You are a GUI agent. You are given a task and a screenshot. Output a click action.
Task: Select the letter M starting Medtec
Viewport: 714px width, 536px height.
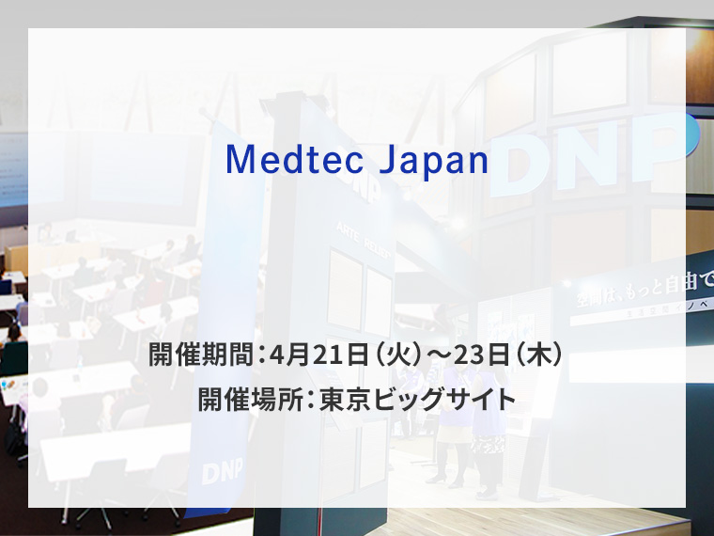click(237, 161)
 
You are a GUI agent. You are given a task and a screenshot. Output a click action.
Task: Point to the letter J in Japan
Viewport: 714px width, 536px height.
click(384, 161)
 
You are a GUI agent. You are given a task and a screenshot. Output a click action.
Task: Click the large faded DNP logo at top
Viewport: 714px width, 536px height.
click(582, 150)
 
